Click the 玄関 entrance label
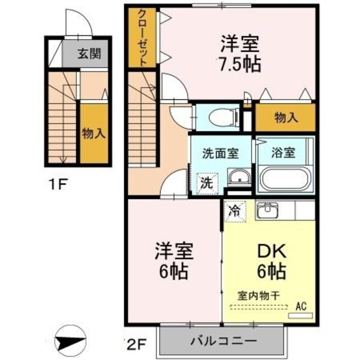click(x=88, y=55)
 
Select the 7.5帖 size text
click(x=239, y=64)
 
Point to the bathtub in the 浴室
click(x=283, y=178)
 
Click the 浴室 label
click(x=282, y=152)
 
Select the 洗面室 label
click(x=220, y=152)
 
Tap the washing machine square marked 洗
click(x=206, y=182)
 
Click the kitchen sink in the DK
click(x=267, y=211)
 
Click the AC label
click(x=304, y=305)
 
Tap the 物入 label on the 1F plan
click(x=94, y=133)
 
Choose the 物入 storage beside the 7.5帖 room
click(x=286, y=118)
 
